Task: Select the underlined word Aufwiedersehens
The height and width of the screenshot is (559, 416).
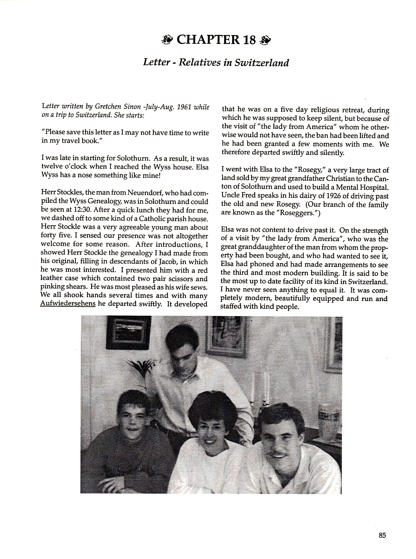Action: pos(68,304)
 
